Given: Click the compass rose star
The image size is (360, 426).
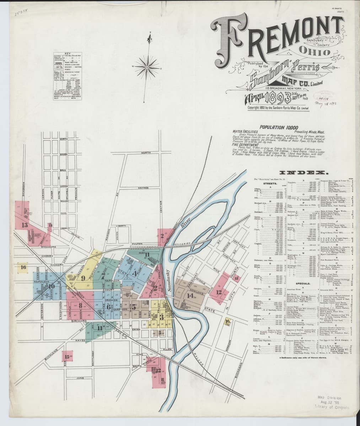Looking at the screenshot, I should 147,66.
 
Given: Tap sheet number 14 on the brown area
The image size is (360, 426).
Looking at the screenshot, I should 190,295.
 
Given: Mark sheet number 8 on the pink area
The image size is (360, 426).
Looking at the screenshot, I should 81,305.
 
